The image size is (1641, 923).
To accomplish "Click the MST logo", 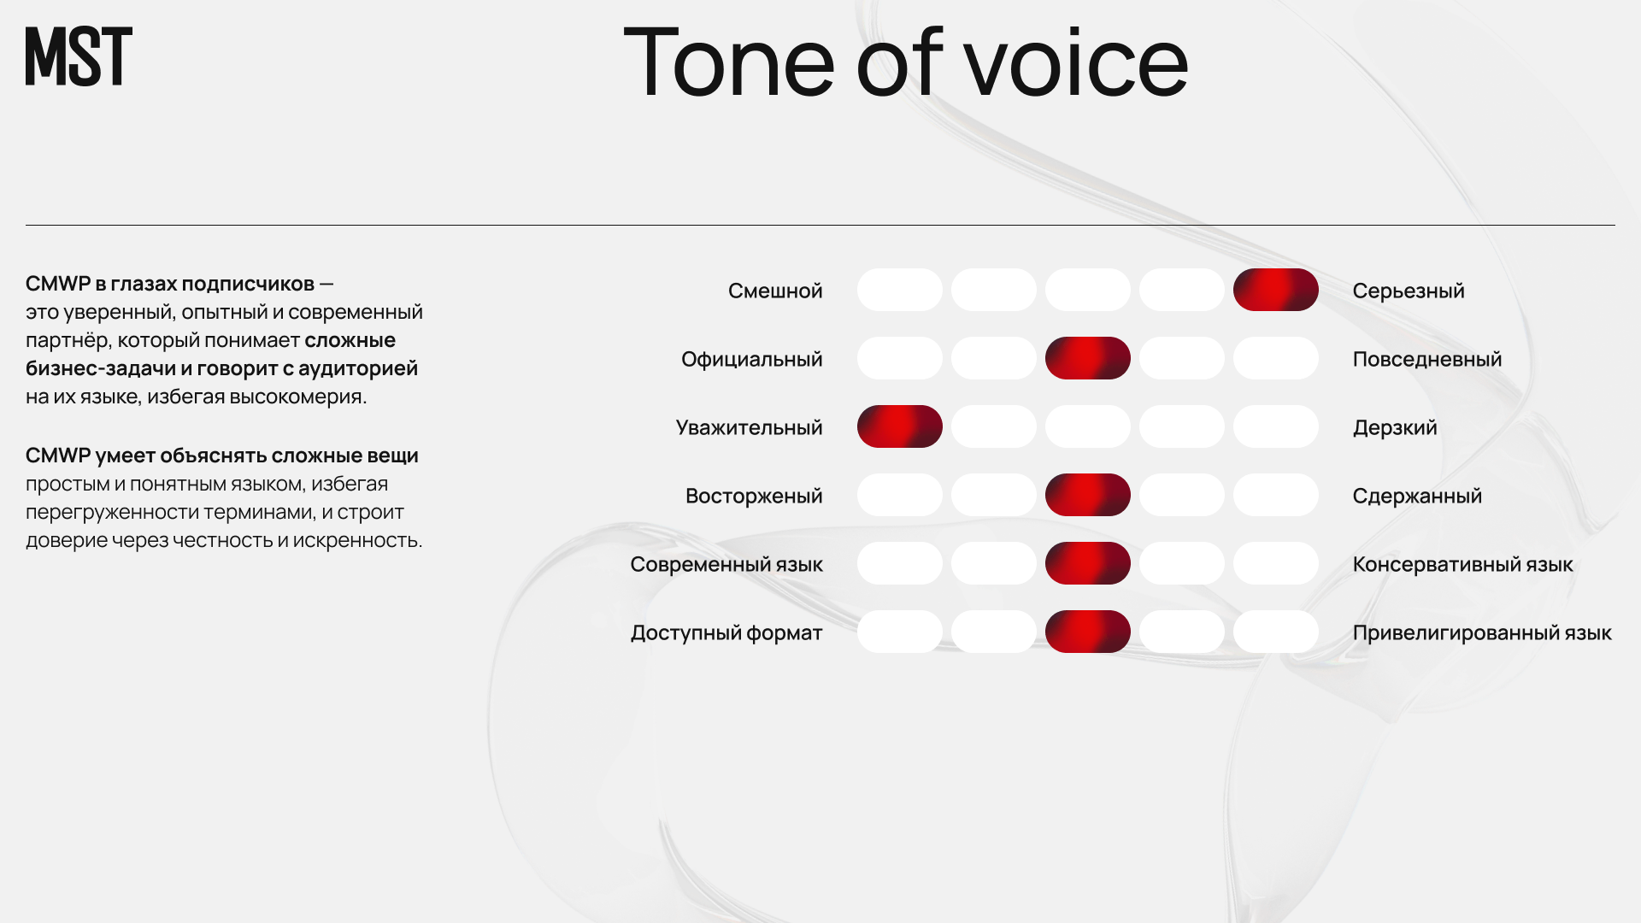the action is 79,56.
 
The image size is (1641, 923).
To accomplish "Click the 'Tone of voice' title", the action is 906,62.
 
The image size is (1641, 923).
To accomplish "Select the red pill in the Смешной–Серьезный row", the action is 1275,290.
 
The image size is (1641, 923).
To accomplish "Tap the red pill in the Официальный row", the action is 1087,358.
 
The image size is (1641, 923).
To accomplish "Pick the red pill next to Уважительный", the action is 899,426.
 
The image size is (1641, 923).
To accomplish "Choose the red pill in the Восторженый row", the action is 1087,495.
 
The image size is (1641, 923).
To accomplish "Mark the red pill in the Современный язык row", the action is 1087,563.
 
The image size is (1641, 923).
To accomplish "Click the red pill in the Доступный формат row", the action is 1087,632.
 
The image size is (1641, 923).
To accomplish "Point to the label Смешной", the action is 775,291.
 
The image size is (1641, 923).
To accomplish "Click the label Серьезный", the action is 1409,291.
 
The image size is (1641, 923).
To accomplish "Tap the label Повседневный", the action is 1427,360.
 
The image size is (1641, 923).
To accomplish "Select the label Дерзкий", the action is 1395,427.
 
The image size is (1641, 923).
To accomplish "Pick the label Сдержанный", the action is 1417,497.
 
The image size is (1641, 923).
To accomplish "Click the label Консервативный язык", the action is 1462,565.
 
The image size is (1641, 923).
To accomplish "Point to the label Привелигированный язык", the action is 1482,633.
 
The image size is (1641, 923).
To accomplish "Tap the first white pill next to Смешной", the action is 899,290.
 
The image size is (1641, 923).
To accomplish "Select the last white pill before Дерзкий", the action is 1275,426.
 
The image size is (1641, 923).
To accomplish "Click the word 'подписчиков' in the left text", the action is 248,284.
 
